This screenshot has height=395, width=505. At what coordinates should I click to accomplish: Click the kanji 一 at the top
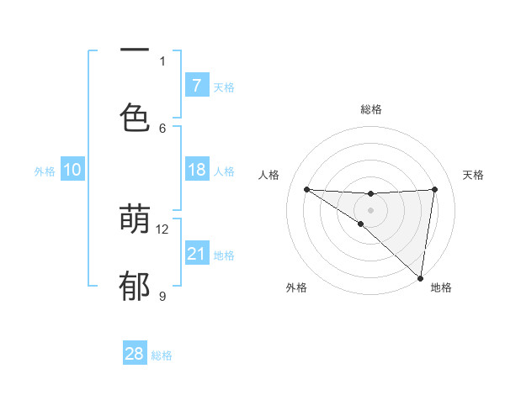[135, 50]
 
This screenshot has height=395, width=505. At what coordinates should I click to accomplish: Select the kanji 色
[135, 118]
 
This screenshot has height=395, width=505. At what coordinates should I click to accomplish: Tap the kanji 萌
[135, 220]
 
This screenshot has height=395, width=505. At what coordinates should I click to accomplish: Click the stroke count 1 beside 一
[162, 61]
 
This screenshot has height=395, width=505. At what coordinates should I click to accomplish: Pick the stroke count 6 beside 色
[162, 128]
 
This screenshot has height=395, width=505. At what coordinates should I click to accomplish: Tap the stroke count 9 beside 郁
[162, 296]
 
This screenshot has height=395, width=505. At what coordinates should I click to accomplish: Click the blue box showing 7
[197, 86]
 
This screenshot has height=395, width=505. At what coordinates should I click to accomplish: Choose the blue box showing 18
[197, 171]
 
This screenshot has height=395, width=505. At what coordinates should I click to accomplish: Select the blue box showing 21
[197, 254]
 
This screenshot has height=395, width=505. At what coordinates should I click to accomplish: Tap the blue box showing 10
[72, 171]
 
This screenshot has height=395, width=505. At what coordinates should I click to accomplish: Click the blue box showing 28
[135, 354]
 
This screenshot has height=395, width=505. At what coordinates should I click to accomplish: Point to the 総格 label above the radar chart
[371, 109]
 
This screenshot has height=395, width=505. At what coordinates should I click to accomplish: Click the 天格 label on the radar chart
[474, 175]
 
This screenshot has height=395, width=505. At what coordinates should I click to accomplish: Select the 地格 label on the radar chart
[441, 287]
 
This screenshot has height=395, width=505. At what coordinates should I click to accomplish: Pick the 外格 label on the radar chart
[297, 287]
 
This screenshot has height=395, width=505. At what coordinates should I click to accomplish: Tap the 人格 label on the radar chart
[269, 175]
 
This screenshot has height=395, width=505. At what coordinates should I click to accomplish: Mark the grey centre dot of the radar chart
[370, 209]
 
